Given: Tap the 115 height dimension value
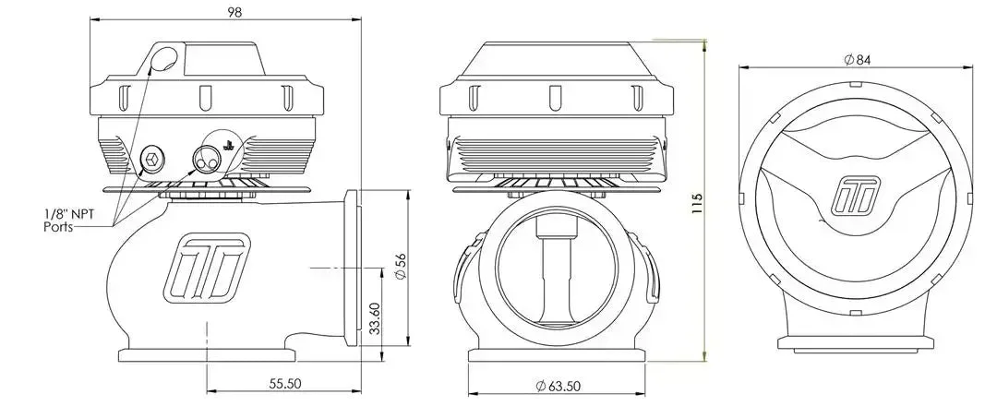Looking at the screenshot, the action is coord(697,203).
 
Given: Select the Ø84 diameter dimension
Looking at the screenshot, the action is coord(857,60).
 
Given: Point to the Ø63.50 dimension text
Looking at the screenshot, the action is coord(558,385).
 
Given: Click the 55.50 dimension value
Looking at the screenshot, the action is coord(284,383).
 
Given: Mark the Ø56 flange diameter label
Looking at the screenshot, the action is coord(401,266).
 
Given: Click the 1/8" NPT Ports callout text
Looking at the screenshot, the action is coord(68,221).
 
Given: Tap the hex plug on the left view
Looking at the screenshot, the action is coord(152,158).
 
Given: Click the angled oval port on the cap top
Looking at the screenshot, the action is coord(165,59).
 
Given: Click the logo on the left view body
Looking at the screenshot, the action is coord(205,266).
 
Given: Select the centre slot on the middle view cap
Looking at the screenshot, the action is coord(555,97).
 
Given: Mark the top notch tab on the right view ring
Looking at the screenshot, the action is coord(855,83).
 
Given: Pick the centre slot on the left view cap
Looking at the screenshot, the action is coord(204,98).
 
